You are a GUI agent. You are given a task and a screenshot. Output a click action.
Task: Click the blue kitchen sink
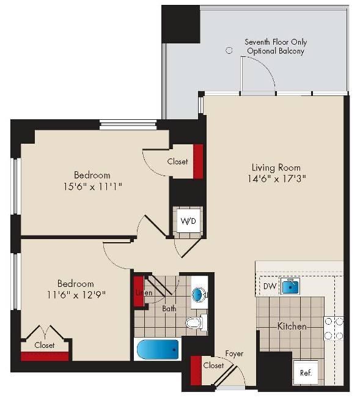click(290, 286)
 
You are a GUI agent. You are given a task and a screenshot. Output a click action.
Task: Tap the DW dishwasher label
click(270, 286)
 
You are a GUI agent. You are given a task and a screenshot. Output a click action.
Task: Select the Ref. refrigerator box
click(306, 372)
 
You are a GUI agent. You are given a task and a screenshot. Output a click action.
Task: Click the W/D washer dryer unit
click(188, 221)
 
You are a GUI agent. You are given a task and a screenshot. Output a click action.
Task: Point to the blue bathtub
click(158, 350)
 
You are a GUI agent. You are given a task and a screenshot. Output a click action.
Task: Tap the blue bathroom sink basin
click(199, 295)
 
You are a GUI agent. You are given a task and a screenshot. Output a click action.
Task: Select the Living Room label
click(276, 168)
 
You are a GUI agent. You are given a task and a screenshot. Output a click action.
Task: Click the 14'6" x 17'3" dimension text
click(276, 179)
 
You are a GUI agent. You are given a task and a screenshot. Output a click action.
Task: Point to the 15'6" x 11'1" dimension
click(92, 187)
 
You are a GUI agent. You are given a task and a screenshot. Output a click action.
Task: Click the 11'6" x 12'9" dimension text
click(76, 295)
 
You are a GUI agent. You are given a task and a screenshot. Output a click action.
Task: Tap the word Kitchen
click(292, 327)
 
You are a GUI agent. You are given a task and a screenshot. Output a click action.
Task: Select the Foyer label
click(234, 354)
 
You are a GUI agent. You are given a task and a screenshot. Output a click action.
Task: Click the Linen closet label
click(144, 292)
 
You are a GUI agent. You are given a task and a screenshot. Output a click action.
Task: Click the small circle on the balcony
click(229, 50)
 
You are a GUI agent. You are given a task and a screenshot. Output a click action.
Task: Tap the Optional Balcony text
click(276, 51)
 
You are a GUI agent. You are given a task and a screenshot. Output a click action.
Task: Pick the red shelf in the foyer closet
click(196, 371)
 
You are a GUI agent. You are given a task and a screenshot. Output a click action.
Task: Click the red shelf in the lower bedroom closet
click(45, 357)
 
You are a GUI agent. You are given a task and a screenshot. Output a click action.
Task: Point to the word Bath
click(169, 308)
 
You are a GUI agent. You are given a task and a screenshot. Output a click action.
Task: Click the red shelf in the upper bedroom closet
click(198, 161)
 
